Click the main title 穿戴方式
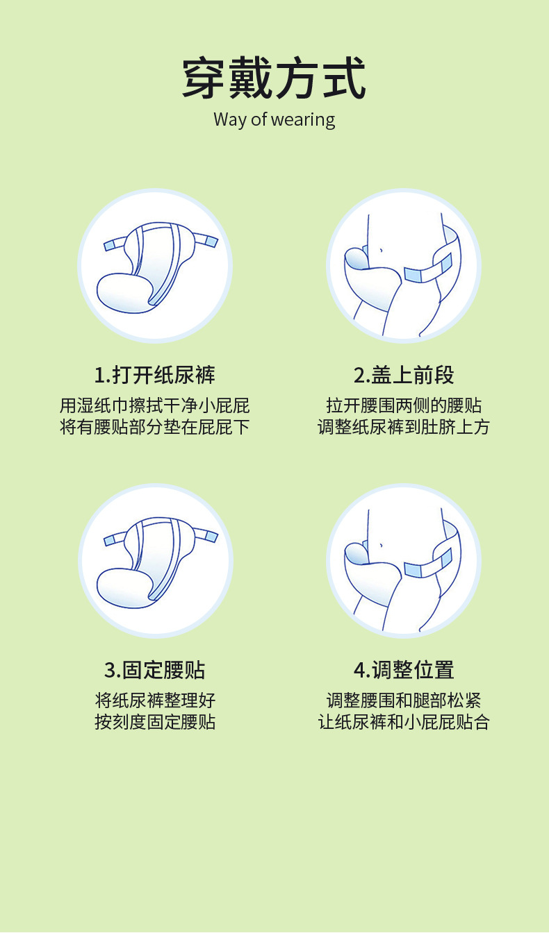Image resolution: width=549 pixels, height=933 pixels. pos(274,78)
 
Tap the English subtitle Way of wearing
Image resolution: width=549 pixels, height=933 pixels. pos(274,119)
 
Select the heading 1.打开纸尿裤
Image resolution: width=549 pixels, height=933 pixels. pos(155,375)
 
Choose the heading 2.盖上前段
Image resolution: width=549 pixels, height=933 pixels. pos(404,375)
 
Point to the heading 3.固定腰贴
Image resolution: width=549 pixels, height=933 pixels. pos(155,670)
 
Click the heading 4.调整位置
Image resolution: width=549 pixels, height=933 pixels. pos(404,670)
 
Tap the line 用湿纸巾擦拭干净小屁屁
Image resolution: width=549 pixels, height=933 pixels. pos(155,405)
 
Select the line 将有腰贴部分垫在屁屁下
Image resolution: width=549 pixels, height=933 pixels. pos(155,427)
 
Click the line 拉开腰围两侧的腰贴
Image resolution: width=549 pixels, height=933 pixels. pos(404,405)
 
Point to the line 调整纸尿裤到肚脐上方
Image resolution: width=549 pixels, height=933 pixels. pos(404,427)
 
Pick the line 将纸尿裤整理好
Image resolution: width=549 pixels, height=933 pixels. pos(155,700)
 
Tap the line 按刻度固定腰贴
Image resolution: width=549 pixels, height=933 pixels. pos(155,722)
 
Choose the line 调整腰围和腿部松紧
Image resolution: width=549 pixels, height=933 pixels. pos(404,700)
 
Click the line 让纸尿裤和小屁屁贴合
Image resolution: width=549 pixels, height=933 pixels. pos(404,722)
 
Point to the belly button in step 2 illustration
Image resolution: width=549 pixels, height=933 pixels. pos(381,251)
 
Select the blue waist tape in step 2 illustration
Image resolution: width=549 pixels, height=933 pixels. pos(428,269)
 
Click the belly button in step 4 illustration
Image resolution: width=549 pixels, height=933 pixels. pos(381,545)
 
